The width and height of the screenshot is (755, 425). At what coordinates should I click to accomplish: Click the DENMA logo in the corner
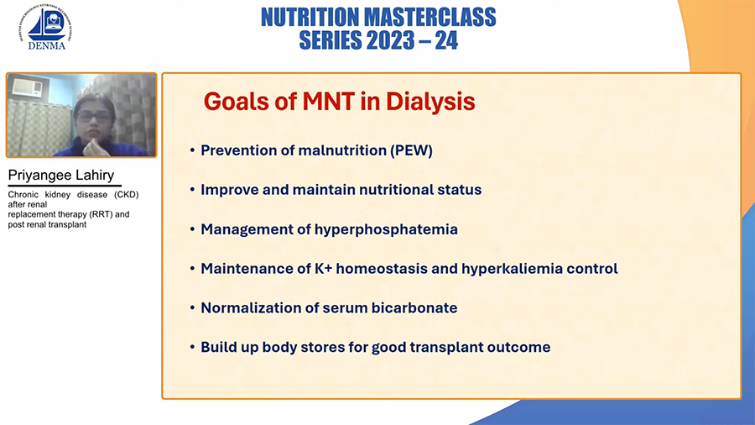coord(46,27)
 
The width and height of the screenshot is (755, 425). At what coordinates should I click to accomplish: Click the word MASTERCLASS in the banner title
coord(430,18)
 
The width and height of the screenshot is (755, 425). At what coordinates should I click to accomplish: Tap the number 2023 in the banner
coord(389,40)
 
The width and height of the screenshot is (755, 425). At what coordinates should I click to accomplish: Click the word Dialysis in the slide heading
coord(430,102)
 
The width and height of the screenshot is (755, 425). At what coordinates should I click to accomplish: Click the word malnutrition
coord(342,150)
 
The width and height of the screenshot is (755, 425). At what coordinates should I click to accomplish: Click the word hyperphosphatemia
coord(386,229)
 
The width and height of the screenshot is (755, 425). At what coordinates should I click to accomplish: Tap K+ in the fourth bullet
coord(324,269)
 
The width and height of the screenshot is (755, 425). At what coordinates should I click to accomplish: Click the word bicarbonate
coord(412,308)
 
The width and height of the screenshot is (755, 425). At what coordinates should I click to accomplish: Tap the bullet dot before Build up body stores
coord(192,347)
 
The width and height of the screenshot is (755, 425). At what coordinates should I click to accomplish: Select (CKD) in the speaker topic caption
coord(126,195)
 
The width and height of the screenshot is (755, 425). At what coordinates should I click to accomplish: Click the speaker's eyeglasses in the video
coord(92,117)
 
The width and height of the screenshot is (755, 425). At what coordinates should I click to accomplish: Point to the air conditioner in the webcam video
coord(28,87)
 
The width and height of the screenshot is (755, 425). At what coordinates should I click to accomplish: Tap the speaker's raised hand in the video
coord(91,146)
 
